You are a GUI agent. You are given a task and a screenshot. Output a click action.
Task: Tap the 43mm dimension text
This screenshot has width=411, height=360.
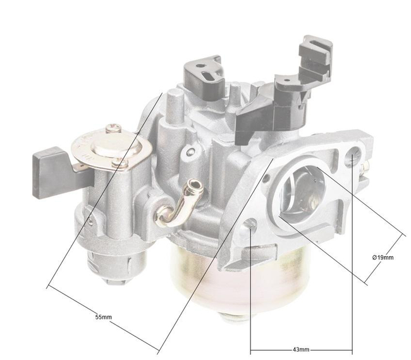tap(302, 349)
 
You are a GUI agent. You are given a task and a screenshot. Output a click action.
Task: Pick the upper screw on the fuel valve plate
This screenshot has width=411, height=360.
tap(114, 128)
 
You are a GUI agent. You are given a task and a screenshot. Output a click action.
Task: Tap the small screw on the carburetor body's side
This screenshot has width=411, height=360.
tap(187, 152)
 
